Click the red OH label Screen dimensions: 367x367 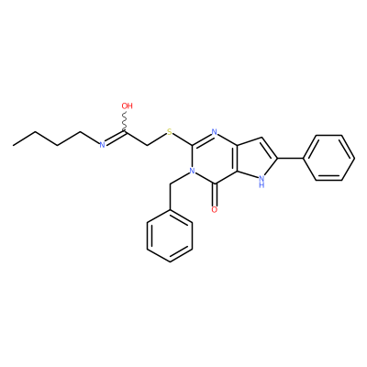[128, 106]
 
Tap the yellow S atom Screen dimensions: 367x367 [170, 132]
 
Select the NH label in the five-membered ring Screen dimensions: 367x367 [261, 182]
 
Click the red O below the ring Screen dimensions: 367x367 [215, 210]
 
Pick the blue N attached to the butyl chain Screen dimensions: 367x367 [103, 145]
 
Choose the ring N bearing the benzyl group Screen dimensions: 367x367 [192, 171]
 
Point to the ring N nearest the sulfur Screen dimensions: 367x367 [215, 132]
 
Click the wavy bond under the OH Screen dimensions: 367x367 [125, 122]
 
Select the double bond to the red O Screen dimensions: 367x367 [215, 195]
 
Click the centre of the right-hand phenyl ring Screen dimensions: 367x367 [328, 158]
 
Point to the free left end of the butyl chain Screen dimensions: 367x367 [14, 145]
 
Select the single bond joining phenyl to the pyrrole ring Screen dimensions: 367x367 [290, 158]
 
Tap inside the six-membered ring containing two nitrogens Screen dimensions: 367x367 [215, 158]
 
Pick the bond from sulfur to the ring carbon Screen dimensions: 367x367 [183, 139]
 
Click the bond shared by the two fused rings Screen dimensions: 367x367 [238, 158]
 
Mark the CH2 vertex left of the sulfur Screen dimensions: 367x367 [148, 145]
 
